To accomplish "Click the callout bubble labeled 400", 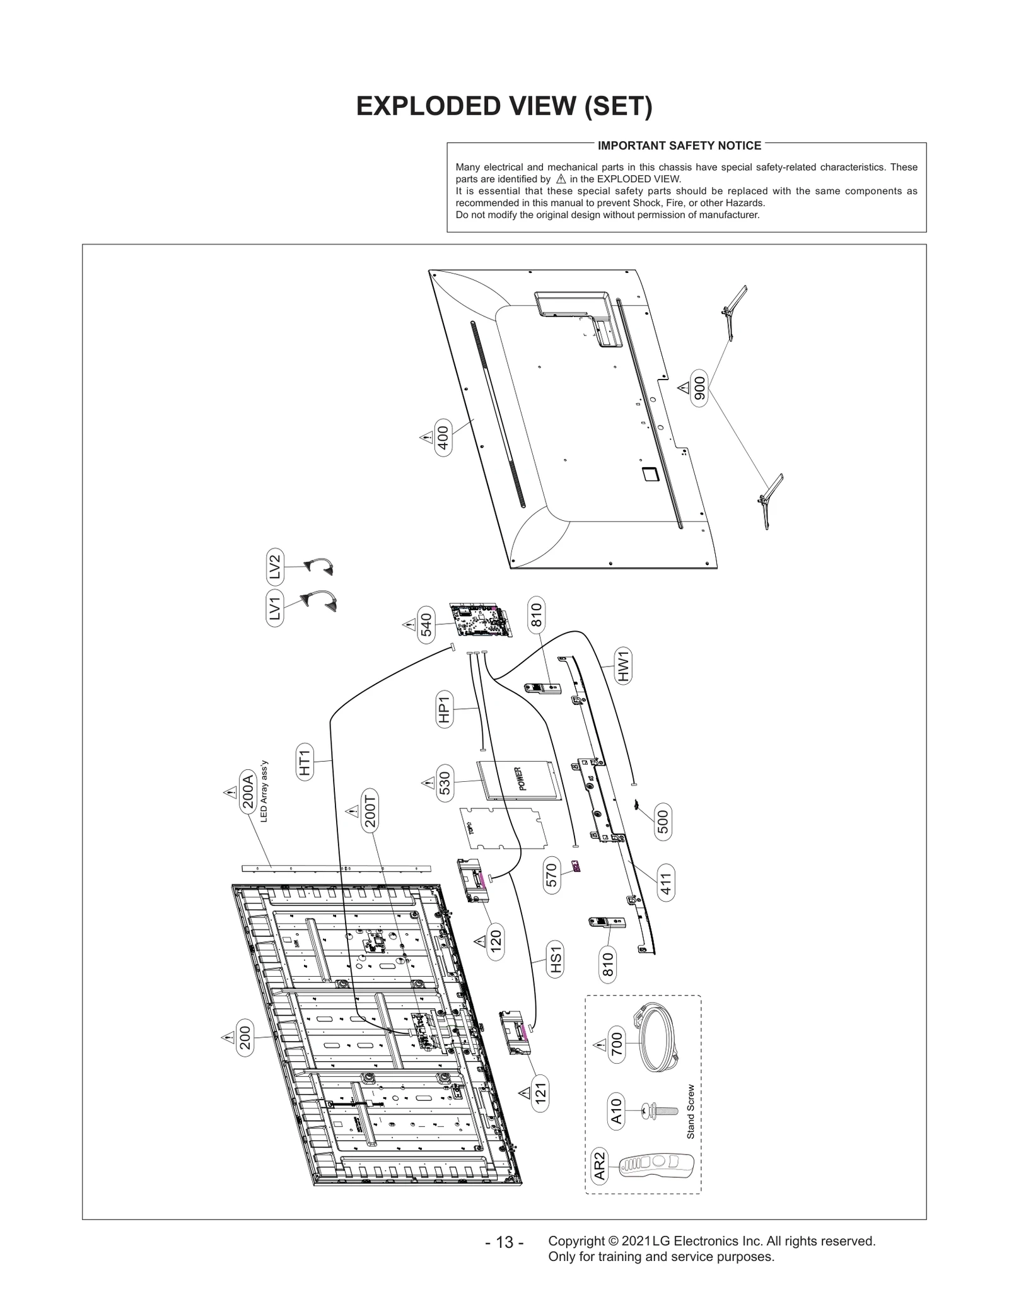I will click(443, 438).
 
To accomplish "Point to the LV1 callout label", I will click(274, 609).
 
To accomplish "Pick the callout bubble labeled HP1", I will click(445, 709).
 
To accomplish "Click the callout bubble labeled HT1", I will click(305, 761).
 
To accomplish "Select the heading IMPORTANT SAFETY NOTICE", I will click(679, 146).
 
